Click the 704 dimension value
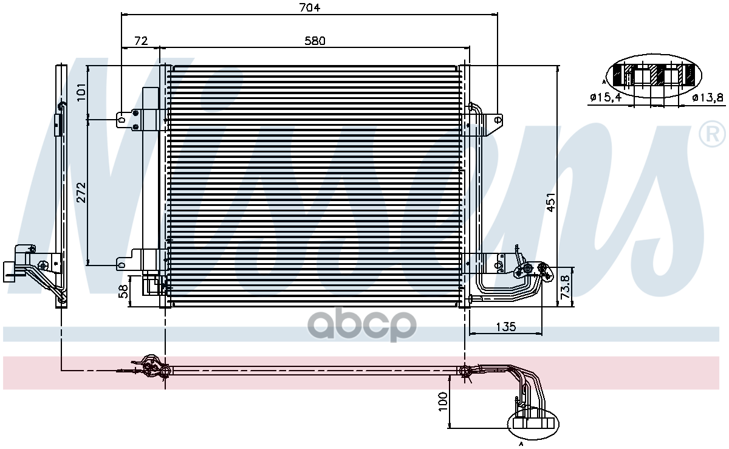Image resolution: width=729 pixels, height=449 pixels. (309, 7)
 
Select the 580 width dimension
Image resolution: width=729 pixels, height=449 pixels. (315, 41)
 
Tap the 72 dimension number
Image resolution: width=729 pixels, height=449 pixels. (141, 41)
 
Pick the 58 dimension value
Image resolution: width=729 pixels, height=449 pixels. (123, 292)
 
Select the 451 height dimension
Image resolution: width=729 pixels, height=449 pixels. (550, 202)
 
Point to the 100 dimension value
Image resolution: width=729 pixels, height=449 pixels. (442, 403)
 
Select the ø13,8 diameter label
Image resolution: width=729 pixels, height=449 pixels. (707, 97)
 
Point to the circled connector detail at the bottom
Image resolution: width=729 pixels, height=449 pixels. (533, 423)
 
